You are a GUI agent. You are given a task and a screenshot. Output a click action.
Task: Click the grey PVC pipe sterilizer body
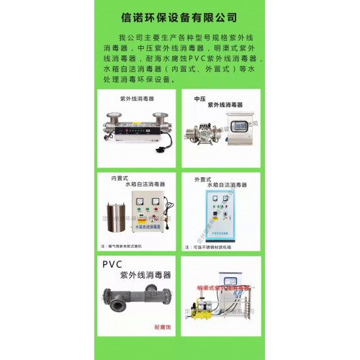point(136,302)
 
